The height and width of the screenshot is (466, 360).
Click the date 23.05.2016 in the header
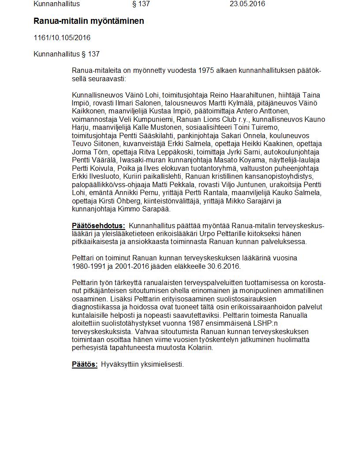click(x=247, y=4)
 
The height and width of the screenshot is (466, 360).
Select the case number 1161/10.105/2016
click(x=62, y=38)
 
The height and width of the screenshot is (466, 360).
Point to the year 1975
click(x=205, y=71)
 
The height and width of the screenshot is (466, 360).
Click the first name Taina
click(x=311, y=95)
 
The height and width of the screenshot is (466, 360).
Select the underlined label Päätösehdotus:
click(x=98, y=226)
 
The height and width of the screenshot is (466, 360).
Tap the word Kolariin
click(x=199, y=348)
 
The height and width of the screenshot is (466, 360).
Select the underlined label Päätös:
click(x=85, y=365)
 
